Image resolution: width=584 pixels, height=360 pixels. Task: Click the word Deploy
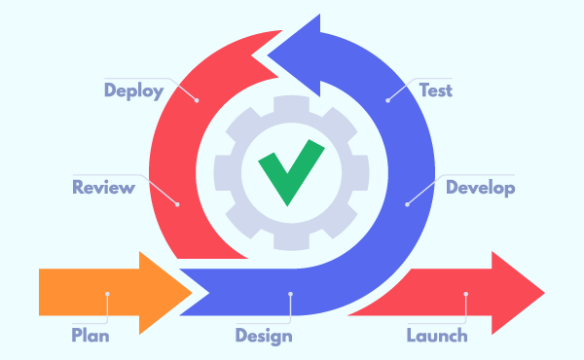[x=133, y=90]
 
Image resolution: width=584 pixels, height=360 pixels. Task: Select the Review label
[x=103, y=187]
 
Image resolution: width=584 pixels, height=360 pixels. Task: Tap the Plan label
[x=91, y=337]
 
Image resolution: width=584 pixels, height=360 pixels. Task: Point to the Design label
[x=264, y=337]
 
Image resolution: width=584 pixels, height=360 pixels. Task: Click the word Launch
[x=436, y=337]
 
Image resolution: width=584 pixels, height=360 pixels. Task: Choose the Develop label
[x=480, y=187]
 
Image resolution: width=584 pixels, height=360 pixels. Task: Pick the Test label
[x=435, y=90]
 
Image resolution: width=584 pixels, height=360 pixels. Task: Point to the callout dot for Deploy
[x=196, y=98]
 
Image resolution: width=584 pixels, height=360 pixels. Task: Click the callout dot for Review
[x=177, y=203]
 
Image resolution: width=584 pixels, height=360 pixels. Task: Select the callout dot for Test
[x=387, y=98]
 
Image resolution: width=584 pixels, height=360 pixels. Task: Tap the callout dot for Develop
[x=406, y=203]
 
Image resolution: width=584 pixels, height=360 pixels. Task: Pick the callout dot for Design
[x=290, y=293]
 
